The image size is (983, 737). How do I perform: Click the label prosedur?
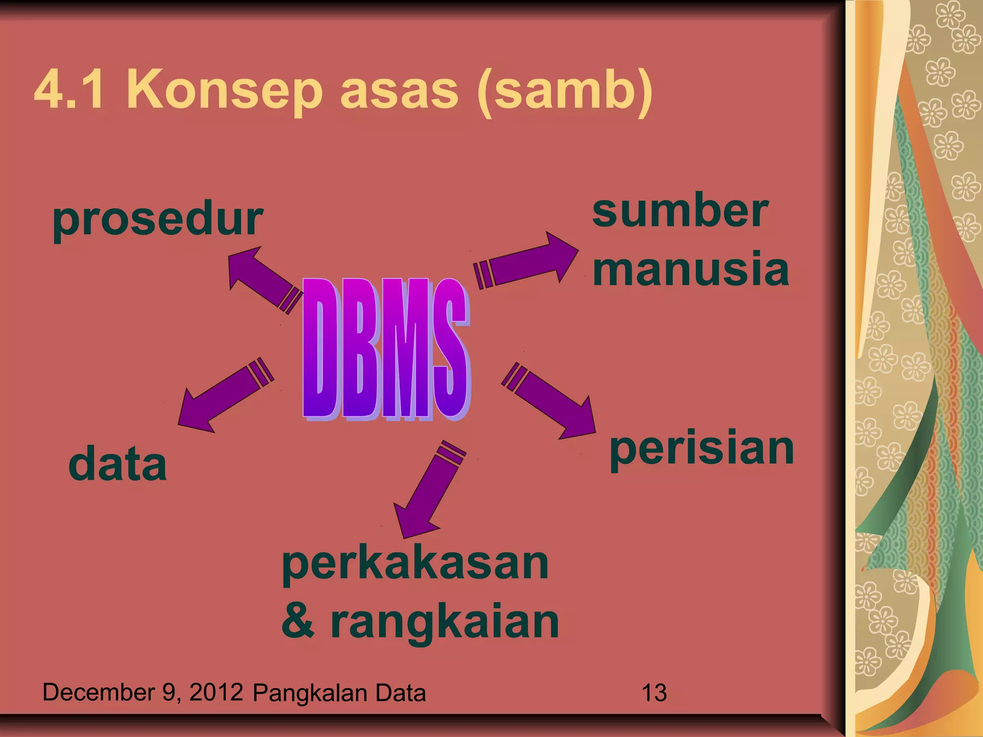(x=158, y=220)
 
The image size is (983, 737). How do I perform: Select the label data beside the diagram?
(x=118, y=464)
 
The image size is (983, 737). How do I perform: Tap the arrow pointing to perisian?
(x=550, y=401)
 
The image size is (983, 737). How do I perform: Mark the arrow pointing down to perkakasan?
(x=429, y=489)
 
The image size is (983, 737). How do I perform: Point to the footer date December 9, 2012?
(x=143, y=692)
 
